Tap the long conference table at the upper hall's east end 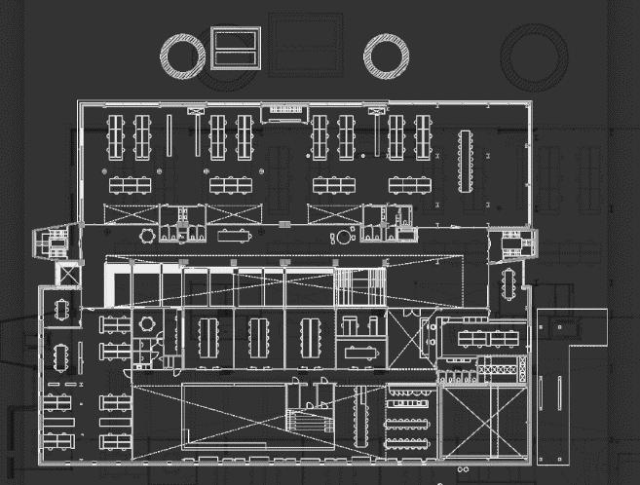[x=466, y=160]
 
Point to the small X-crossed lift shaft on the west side [x=68, y=275]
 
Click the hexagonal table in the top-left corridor [x=147, y=235]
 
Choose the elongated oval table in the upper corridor [x=235, y=235]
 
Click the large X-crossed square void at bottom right [x=484, y=421]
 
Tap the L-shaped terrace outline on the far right [x=570, y=385]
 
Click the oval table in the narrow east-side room [x=507, y=283]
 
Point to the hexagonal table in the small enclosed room [x=147, y=322]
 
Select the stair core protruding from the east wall [x=511, y=243]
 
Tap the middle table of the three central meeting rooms [x=258, y=337]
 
